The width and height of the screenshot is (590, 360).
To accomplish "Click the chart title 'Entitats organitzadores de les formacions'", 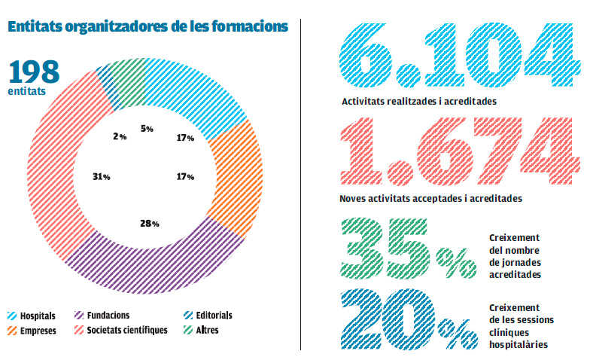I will [147, 26].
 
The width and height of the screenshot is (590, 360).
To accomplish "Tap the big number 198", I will [34, 72].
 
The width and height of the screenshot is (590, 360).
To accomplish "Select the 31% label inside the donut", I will [102, 177].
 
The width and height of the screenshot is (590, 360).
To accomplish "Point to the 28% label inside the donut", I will [149, 224].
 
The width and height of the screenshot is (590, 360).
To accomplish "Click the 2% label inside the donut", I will [120, 136].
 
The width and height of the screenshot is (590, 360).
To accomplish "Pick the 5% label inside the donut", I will [147, 129].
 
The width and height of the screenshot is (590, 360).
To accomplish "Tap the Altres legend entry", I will [208, 330].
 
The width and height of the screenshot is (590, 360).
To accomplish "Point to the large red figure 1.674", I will [459, 154].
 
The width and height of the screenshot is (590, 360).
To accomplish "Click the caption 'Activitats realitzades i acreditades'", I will [418, 100].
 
